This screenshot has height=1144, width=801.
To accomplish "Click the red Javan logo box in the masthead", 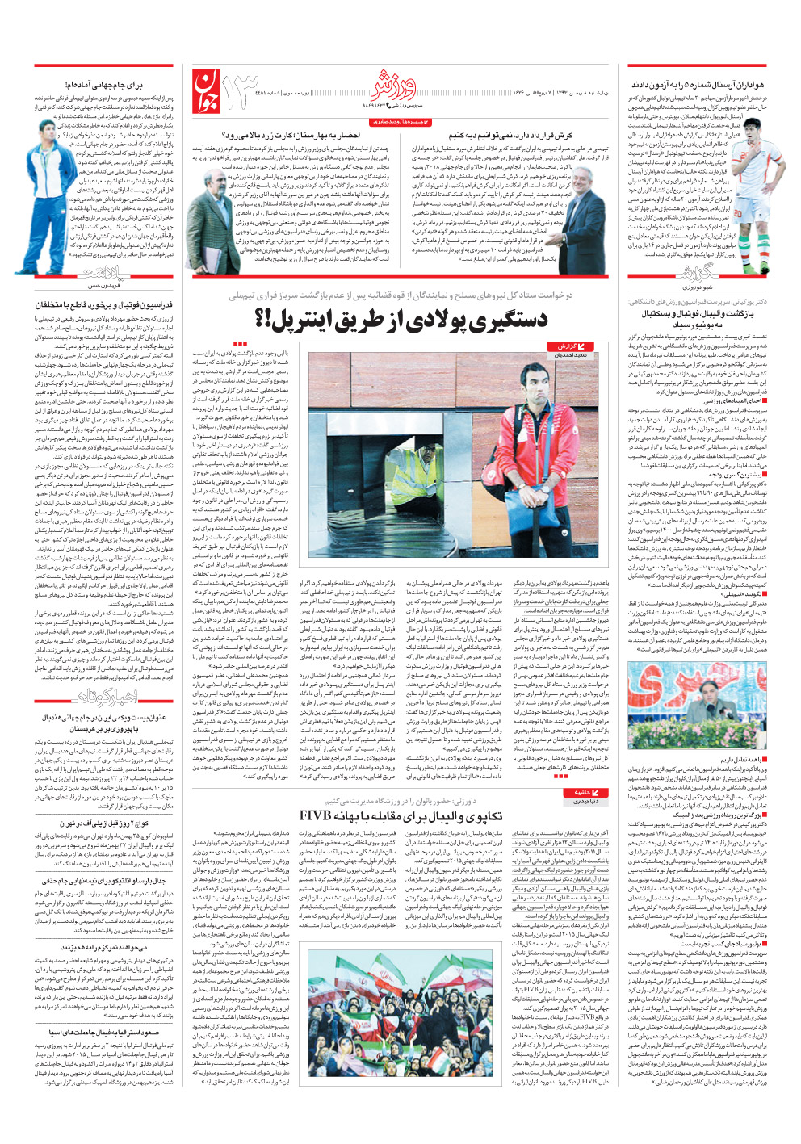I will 204,90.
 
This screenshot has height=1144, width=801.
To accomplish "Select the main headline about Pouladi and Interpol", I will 400,320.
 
